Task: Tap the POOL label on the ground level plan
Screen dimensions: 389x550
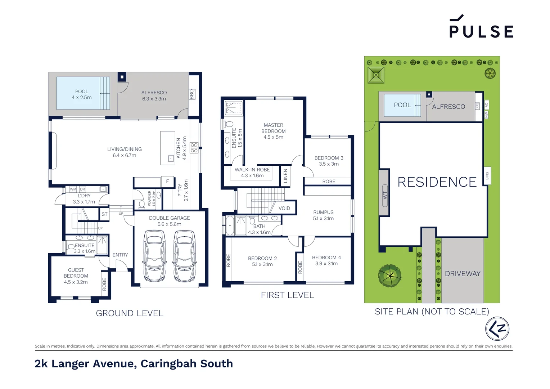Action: [82, 91]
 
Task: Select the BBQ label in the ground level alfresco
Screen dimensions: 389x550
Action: [192, 94]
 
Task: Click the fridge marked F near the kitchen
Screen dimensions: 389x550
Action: [167, 182]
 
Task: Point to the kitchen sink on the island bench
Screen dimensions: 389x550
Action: [171, 158]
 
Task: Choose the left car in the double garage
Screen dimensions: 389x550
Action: [155, 256]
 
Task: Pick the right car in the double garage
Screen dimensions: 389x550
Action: [185, 256]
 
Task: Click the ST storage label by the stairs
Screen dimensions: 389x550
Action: [104, 214]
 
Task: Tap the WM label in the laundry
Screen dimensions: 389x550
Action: [73, 189]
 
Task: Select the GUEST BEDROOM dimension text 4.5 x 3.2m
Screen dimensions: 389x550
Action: [76, 282]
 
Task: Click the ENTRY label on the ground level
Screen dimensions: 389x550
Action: [120, 255]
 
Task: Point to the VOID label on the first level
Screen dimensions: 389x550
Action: [284, 208]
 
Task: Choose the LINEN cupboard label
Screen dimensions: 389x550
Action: [285, 176]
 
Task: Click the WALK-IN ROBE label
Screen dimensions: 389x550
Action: [252, 170]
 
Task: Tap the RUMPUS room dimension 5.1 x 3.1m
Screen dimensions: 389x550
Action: [323, 218]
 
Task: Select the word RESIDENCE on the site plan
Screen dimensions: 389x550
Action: [437, 182]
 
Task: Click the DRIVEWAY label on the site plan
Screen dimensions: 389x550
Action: [463, 274]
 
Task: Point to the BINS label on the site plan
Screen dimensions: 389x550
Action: [487, 176]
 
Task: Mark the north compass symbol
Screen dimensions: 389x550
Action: [497, 328]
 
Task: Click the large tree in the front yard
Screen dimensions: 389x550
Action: [389, 276]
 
